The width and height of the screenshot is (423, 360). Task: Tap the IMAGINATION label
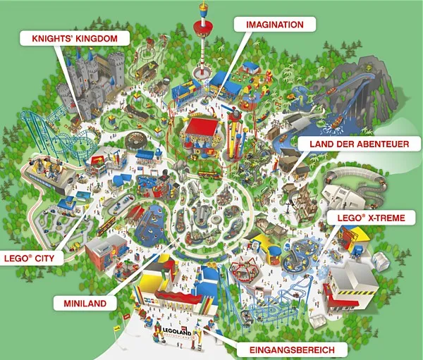(274, 25)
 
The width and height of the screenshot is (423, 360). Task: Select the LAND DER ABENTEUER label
(359, 144)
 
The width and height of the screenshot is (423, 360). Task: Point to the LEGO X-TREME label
(371, 218)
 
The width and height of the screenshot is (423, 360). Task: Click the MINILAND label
(83, 302)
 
